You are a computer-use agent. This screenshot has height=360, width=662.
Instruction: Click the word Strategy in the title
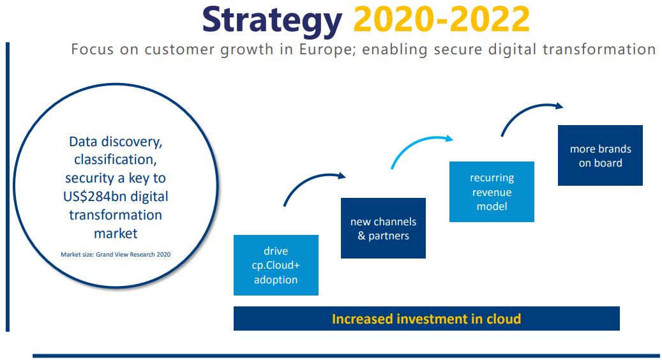click(x=273, y=20)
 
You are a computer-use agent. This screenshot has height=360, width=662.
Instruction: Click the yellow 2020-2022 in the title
click(x=441, y=19)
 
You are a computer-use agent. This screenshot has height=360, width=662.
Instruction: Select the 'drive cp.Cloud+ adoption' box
click(x=276, y=265)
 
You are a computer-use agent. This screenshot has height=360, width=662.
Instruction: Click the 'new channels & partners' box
click(x=384, y=229)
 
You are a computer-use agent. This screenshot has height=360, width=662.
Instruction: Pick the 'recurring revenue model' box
click(x=492, y=192)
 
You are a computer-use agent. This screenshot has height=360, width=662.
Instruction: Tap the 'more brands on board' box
click(x=600, y=155)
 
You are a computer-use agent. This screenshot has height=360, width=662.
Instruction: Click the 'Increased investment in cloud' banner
click(x=426, y=319)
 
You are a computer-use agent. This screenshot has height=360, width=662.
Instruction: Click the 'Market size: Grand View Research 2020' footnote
click(x=116, y=255)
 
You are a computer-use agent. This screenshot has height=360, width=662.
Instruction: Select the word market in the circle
click(x=116, y=234)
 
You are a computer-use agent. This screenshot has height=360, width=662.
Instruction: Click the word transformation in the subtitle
click(x=599, y=50)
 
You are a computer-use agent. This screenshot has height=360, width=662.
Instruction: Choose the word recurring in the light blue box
click(x=492, y=178)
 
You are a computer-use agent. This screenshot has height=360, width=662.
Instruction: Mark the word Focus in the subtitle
click(x=93, y=50)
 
